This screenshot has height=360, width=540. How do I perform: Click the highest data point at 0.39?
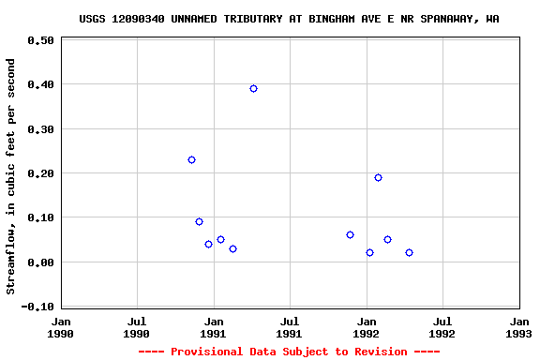coord(253,88)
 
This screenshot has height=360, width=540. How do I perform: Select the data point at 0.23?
coord(191,160)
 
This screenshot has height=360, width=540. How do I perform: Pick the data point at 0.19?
coord(378,177)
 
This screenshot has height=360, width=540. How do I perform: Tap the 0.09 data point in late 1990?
coord(199,221)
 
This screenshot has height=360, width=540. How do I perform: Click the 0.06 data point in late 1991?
coord(350,234)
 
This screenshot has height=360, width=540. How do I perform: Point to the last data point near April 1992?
coord(409,252)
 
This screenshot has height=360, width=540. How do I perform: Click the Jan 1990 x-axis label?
coord(61,326)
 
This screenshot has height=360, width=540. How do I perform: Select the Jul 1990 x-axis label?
coord(137,326)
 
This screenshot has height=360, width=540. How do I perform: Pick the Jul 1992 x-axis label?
coord(442,326)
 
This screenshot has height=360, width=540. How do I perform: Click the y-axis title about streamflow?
coord(11,176)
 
